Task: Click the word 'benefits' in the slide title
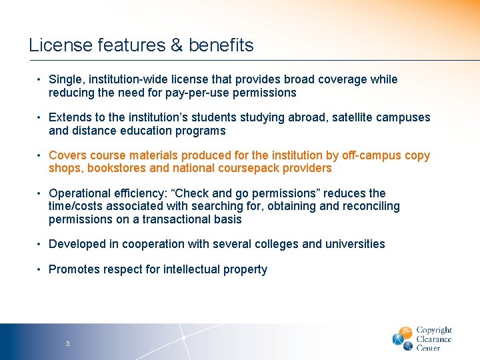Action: (221, 45)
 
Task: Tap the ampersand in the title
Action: (177, 45)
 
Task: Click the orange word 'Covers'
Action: (67, 155)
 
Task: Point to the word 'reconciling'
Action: (371, 206)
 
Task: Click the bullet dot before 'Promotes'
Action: (40, 269)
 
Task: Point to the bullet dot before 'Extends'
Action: (40, 117)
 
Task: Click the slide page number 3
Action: (67, 344)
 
